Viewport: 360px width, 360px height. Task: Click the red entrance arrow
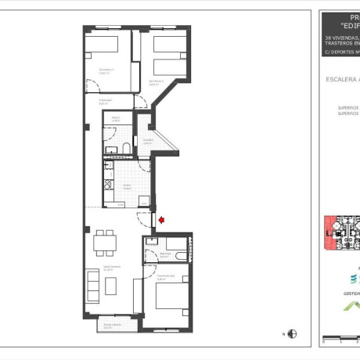[x=161, y=221]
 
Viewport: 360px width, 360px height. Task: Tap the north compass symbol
[x=292, y=334]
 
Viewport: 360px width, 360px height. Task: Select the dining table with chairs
[x=104, y=243]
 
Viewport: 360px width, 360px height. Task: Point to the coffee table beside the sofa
[x=110, y=286]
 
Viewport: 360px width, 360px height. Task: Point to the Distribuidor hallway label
[x=105, y=101]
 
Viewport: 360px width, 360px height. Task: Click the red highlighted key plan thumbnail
[x=341, y=230]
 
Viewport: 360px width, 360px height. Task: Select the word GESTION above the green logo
[x=351, y=294]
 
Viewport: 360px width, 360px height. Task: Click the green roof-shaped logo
[x=352, y=306]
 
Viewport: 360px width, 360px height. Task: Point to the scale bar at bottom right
[x=341, y=338]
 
